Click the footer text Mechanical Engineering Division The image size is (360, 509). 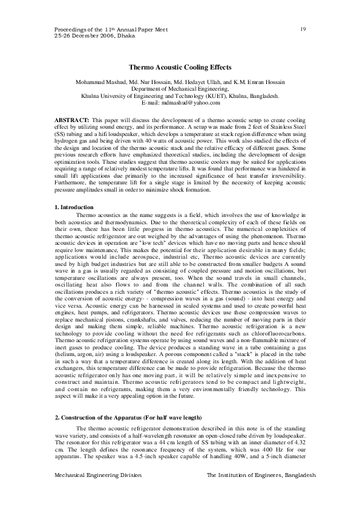click(97, 476)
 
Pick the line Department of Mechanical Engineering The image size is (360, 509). click(180, 89)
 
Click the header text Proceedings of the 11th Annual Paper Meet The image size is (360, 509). click(106, 29)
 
